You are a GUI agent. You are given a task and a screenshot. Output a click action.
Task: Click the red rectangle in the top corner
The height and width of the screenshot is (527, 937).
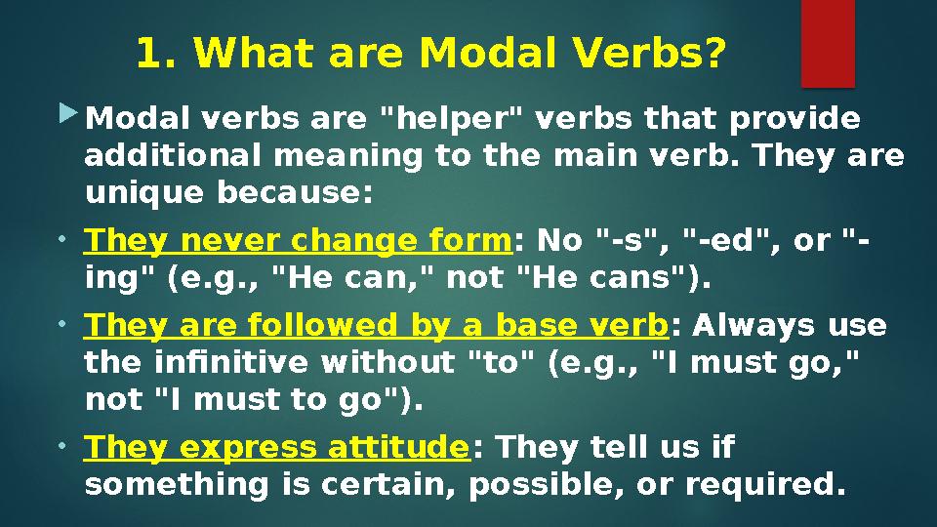tap(828, 43)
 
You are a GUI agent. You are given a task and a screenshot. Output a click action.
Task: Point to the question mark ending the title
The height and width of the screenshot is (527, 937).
tap(716, 55)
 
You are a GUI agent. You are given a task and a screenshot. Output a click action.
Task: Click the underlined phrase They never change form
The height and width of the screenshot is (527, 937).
tap(299, 240)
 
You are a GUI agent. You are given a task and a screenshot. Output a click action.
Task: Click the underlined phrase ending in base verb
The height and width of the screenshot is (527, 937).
tap(377, 325)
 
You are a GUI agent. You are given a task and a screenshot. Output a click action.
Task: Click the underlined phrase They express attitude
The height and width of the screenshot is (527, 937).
tap(277, 447)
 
